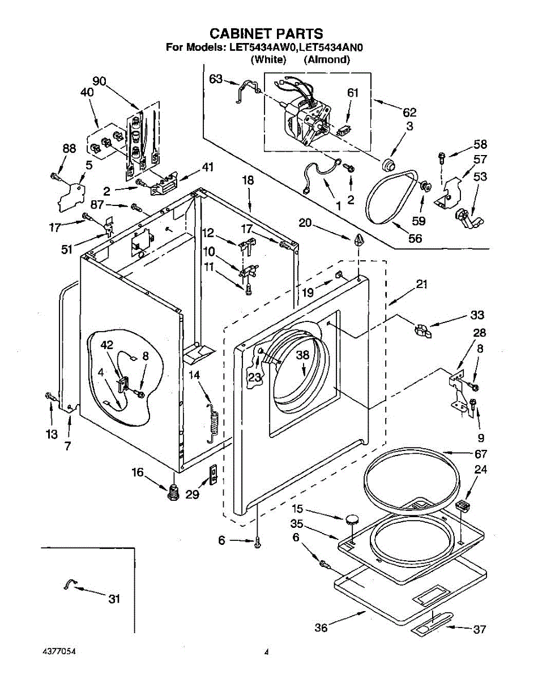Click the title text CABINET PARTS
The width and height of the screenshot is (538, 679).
tap(266, 33)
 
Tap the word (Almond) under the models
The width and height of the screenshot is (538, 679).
tap(327, 59)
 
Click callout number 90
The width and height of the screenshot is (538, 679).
tap(99, 81)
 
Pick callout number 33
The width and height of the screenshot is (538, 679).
tap(477, 315)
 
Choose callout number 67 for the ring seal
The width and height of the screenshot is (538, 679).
tap(481, 454)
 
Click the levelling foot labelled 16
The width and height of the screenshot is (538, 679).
tap(173, 492)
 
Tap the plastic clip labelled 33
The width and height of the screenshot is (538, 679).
tap(422, 332)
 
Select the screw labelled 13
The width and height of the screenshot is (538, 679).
tap(51, 397)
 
